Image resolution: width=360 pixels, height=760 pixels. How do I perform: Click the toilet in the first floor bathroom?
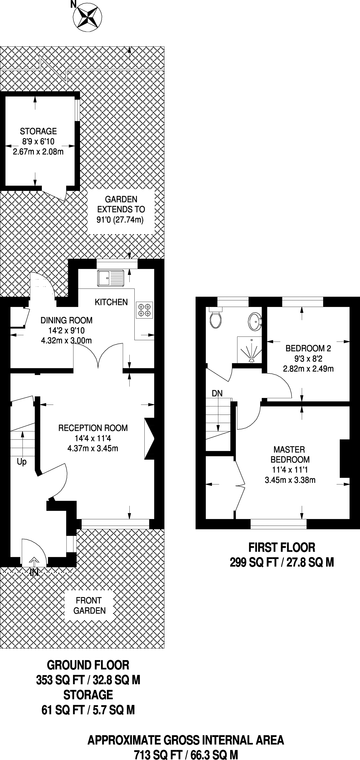pyautogui.click(x=216, y=319)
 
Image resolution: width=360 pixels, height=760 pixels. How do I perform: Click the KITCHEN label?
pyautogui.click(x=111, y=302)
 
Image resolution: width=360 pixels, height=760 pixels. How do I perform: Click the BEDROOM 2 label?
pyautogui.click(x=308, y=348)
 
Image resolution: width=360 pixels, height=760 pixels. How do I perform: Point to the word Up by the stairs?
pyautogui.click(x=22, y=462)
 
